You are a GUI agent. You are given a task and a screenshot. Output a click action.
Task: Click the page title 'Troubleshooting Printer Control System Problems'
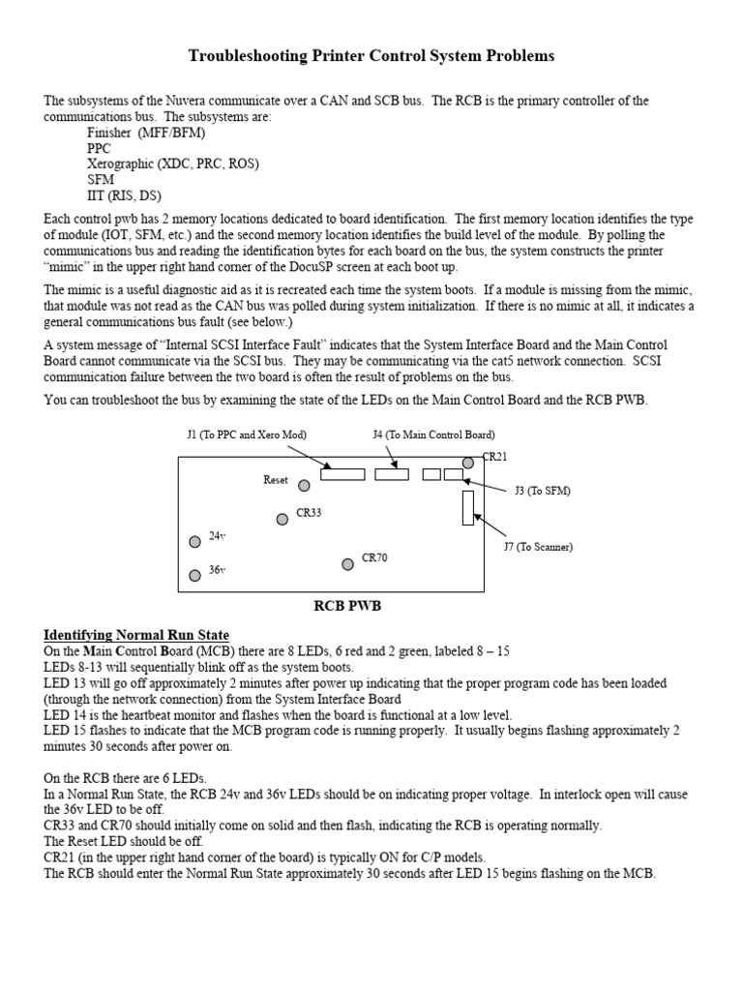pos(371,56)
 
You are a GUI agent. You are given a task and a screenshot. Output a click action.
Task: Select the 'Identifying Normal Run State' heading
pos(136,635)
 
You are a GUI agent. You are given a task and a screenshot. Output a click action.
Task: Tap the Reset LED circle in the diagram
pos(305,485)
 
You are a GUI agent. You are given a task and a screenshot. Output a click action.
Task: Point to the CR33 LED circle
pos(282,519)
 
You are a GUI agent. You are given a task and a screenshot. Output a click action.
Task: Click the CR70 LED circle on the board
pos(347,563)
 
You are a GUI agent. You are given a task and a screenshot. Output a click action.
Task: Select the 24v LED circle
pos(195,540)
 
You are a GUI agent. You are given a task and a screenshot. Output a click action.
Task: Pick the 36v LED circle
pos(195,575)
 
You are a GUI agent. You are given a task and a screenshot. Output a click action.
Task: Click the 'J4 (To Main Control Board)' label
pos(433,435)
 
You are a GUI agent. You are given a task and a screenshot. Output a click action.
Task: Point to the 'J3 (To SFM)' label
pos(543,491)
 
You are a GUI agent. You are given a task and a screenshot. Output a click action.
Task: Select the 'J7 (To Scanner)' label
pos(538,547)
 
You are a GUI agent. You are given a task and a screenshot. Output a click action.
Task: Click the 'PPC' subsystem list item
pos(99,148)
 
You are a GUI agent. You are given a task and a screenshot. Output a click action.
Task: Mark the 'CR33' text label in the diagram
pos(309,513)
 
